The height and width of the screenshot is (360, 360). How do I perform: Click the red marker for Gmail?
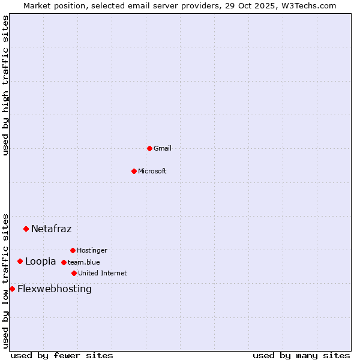coord(149,148)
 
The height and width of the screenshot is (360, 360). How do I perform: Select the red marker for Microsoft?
coord(134,171)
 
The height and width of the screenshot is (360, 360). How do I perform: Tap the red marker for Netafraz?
coord(26,229)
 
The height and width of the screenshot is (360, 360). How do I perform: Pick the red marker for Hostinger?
coord(73,250)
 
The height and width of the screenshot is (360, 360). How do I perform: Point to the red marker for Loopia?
coord(20,261)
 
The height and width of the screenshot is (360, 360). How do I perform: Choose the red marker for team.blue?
coord(64,262)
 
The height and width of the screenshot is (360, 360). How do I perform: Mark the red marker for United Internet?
coord(74,273)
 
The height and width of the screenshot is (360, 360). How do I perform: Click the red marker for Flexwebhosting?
coord(12,289)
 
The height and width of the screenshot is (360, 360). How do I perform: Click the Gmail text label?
coord(163,148)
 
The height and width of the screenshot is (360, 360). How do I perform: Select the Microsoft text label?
coord(152,171)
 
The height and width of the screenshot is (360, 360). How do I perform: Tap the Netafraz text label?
coord(51,229)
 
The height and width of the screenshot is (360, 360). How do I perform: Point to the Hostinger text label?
coord(92,250)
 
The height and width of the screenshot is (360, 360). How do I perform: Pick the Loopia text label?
coord(40,261)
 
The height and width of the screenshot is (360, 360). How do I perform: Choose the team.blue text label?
coord(84,262)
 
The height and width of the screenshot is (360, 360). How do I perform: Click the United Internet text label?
coord(102,273)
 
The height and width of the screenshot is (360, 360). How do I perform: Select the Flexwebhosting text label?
coord(55,289)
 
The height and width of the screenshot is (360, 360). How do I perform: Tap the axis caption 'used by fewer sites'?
coord(62,355)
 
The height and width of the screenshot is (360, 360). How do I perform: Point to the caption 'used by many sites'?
coord(301,355)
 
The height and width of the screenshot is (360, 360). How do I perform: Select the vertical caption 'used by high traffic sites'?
coord(5,86)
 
